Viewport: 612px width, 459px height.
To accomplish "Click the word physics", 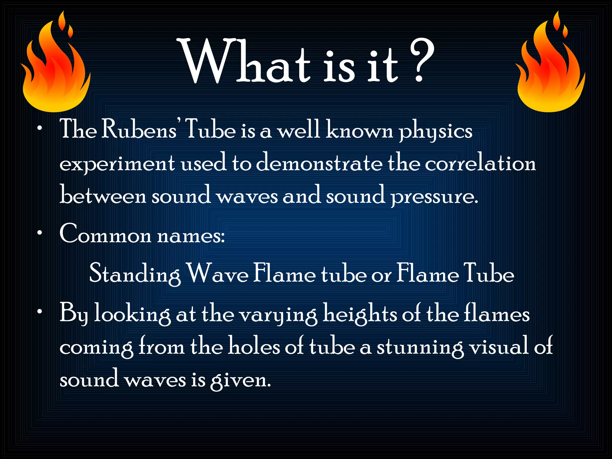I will pos(436,131).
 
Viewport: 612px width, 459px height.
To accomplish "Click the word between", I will pos(103,196).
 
